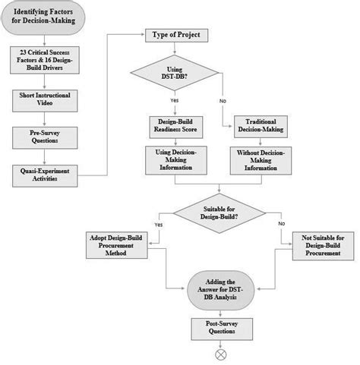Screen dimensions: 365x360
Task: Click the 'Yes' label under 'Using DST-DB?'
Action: coord(175,100)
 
